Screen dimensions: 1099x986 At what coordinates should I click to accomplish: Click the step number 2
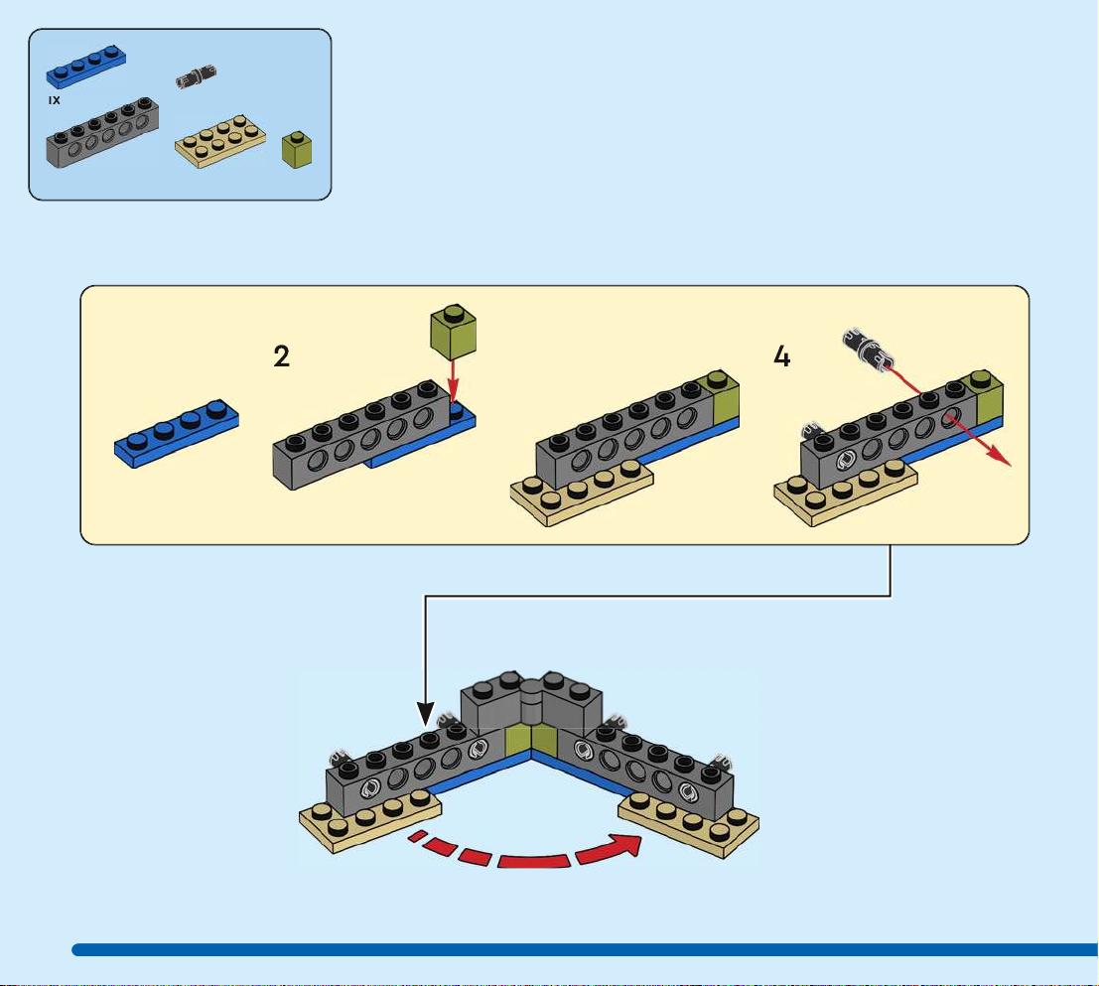point(281,356)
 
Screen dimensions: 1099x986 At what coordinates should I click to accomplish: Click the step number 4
point(781,356)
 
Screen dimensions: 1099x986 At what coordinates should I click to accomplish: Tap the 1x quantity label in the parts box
point(54,101)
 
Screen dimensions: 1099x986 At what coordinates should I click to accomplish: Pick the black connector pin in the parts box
point(196,76)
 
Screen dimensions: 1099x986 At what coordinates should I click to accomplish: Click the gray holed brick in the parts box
point(102,132)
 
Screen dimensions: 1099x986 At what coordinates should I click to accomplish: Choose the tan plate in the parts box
point(220,142)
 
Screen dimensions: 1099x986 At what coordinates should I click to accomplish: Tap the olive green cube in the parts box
point(297,149)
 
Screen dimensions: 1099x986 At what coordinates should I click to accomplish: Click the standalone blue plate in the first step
point(176,433)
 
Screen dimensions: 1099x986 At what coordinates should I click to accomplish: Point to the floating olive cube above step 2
point(453,332)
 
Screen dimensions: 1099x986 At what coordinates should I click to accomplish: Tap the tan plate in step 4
point(846,493)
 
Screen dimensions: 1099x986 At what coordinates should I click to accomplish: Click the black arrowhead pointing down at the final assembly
point(426,713)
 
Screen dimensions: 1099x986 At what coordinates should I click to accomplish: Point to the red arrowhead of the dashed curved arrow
point(624,846)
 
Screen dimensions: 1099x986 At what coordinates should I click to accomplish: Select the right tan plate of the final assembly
point(688,826)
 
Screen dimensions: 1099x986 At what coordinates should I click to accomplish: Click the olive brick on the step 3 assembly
point(725,396)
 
